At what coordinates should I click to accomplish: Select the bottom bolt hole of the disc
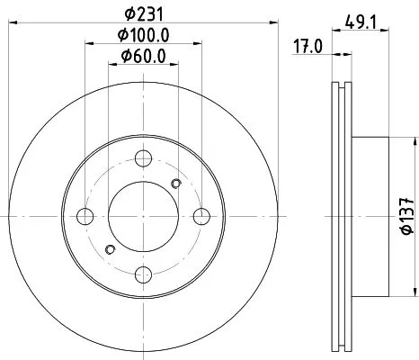pos(143,274)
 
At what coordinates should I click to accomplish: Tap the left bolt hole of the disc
pos(85,217)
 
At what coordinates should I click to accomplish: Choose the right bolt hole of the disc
pos(201,217)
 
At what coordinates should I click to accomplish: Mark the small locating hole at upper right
pos(176,184)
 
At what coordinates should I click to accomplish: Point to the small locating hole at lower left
pos(110,249)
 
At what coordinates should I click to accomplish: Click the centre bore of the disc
pos(143,217)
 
